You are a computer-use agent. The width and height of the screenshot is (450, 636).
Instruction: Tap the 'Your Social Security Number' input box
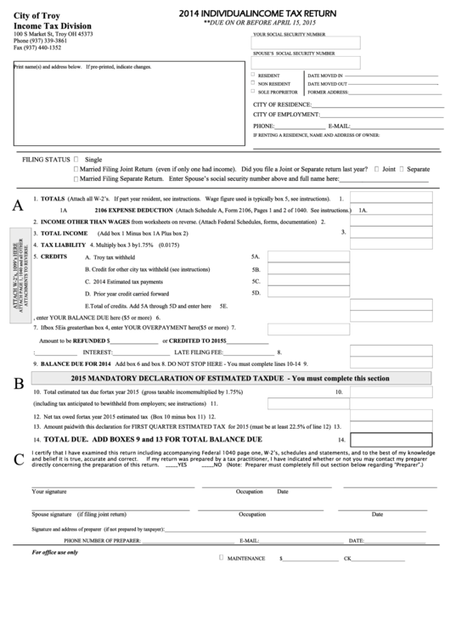coord(306,42)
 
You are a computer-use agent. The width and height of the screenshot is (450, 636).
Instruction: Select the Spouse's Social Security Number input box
coord(306,62)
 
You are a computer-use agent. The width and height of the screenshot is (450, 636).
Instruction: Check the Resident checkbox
coord(253,75)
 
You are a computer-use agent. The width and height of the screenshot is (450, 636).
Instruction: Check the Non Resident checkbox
coord(253,83)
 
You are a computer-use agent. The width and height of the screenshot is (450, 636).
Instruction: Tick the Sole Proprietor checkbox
coord(253,92)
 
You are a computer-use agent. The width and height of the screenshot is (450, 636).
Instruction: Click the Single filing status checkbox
coord(77,159)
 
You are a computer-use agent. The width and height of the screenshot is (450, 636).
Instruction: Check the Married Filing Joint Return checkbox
coord(77,169)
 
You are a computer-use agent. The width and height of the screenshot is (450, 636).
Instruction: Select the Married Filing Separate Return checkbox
coord(77,179)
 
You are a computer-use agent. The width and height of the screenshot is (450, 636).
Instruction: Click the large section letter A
coord(17,205)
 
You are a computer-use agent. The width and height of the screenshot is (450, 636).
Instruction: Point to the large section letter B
coord(17,383)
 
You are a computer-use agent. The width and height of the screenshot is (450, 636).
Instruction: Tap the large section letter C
coord(18,459)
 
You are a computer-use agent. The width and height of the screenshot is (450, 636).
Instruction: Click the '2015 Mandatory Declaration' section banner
coord(229,378)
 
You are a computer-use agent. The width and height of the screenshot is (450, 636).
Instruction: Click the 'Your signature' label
coord(49,492)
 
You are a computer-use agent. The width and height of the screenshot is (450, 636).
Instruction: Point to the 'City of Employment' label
coord(285,114)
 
